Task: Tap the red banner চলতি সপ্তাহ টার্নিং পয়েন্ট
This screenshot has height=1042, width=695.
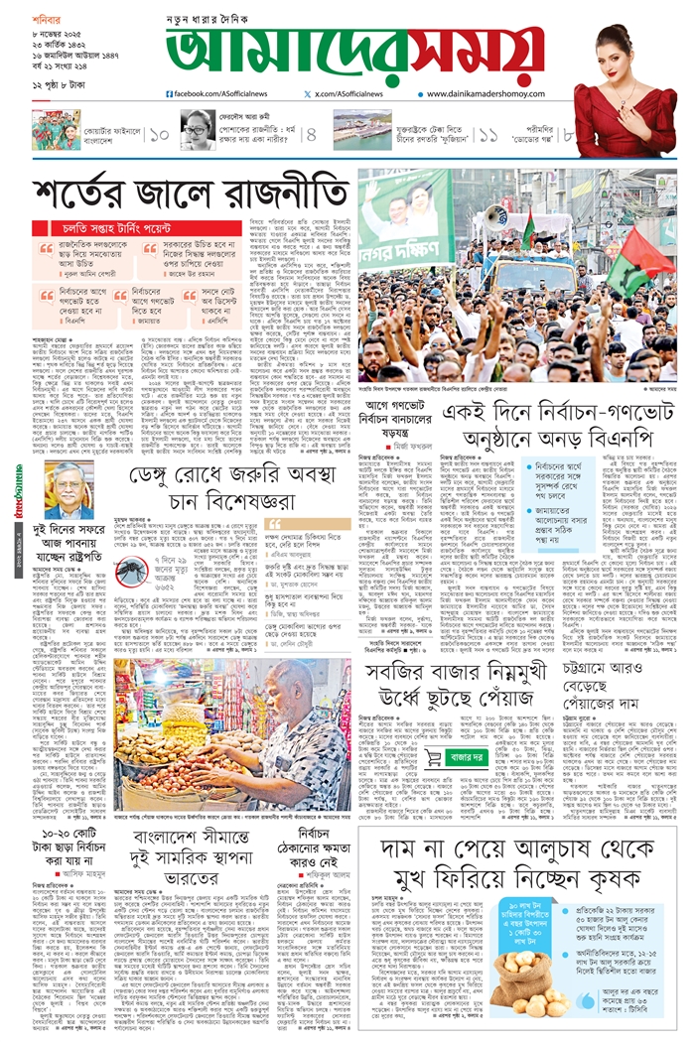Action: coord(104,230)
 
